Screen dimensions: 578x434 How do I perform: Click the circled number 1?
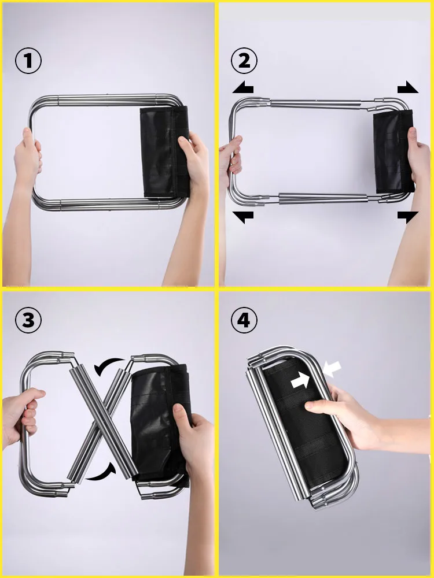pyautogui.click(x=28, y=61)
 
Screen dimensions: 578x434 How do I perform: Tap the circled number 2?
pyautogui.click(x=244, y=61)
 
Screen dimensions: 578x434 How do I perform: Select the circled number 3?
pyautogui.click(x=28, y=320)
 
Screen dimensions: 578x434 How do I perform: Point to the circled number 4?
pyautogui.click(x=244, y=320)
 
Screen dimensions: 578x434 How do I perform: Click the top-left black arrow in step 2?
pyautogui.click(x=243, y=88)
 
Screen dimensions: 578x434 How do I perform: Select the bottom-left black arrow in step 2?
pyautogui.click(x=243, y=217)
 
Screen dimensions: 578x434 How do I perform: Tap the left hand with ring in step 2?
pyautogui.click(x=230, y=162)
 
